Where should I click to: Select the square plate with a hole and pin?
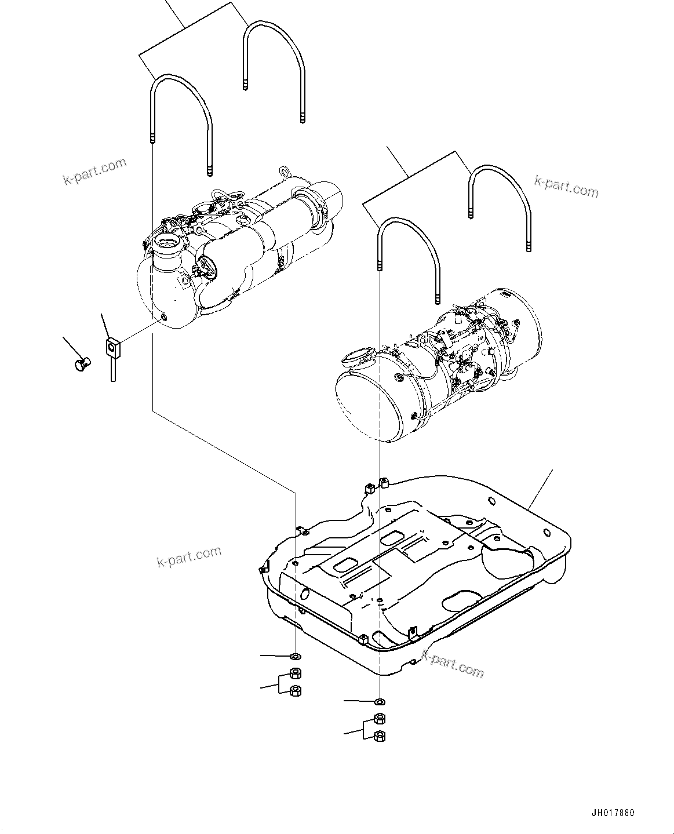112,348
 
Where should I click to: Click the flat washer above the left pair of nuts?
296,656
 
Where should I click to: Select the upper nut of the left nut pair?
296,674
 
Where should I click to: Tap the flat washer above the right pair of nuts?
379,701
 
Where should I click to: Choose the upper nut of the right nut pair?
379,719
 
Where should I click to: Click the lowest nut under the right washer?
379,736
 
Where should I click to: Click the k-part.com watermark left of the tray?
189,557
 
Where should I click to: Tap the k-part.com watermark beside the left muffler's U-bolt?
94,171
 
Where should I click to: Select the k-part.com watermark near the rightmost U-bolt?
566,187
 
